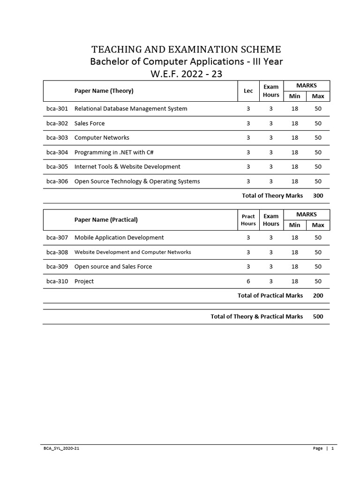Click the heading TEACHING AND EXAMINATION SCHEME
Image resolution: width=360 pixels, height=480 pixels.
pos(186,49)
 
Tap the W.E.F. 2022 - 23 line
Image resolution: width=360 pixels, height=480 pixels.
pos(186,74)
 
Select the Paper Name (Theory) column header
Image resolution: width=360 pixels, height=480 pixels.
pos(104,91)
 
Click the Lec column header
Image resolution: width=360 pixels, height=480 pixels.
pos(248,91)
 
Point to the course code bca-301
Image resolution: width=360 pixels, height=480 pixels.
pos(57,109)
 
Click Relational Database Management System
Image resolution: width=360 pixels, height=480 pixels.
pos(131,109)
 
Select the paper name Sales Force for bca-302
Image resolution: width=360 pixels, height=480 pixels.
pos(90,123)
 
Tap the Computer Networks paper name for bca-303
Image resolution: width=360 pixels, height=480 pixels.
pos(102,138)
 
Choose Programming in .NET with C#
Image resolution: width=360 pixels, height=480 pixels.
pos(114,152)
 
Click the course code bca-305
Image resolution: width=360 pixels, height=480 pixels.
pos(57,167)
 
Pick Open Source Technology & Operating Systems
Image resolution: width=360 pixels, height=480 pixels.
pos(137,181)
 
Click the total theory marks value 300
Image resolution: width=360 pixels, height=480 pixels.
pos(318,196)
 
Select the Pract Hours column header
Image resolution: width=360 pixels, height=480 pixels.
pos(248,220)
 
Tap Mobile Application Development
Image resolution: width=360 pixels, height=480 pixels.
pos(119,238)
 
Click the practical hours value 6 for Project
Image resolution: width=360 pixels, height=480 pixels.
pos(248,281)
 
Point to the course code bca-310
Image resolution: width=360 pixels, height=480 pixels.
pos(57,281)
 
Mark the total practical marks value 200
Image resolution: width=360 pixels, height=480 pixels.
pos(318,296)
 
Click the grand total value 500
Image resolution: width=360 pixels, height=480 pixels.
pos(318,317)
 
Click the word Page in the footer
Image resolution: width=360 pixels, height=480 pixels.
pos(318,449)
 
